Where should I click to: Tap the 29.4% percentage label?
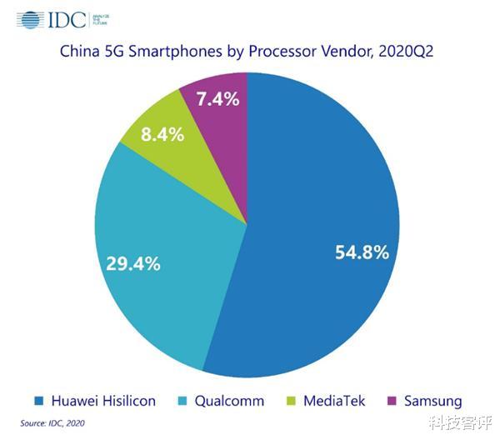pos(133,264)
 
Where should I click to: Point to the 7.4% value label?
pos(217,99)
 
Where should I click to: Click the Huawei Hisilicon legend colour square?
pos(37,401)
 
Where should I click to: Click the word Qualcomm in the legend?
pos(229,401)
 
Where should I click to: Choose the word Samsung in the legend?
pos(432,401)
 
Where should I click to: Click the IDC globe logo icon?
pos(31,19)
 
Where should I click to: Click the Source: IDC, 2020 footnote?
pos(52,423)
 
